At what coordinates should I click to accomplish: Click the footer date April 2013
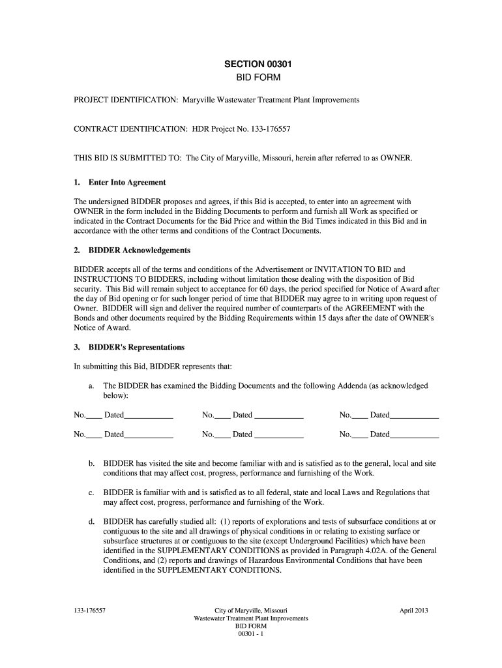click(414, 611)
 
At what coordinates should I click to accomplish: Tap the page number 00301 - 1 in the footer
click(251, 633)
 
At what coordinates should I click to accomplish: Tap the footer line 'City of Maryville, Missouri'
click(251, 611)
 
